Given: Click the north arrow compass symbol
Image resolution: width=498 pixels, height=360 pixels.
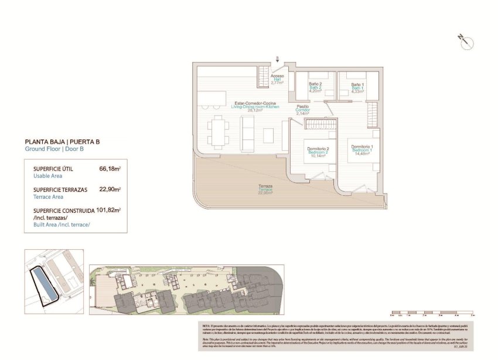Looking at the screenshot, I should tap(466, 42).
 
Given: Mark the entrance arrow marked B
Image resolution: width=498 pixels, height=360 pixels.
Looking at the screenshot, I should tap(277, 59).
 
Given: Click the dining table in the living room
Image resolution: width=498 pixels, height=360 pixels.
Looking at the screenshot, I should tap(219, 131).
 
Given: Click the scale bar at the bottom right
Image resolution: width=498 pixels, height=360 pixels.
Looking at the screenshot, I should tap(431, 316).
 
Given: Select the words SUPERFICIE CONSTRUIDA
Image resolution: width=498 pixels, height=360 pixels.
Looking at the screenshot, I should tap(64, 210).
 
